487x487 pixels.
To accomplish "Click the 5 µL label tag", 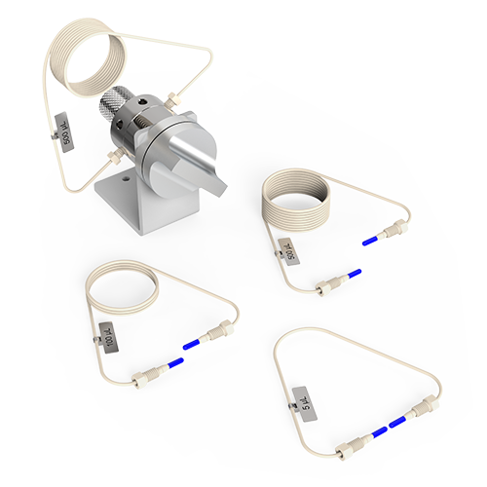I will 305,399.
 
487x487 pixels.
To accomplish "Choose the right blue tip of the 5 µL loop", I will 397,423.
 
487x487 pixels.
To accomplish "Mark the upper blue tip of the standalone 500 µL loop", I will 371,238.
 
